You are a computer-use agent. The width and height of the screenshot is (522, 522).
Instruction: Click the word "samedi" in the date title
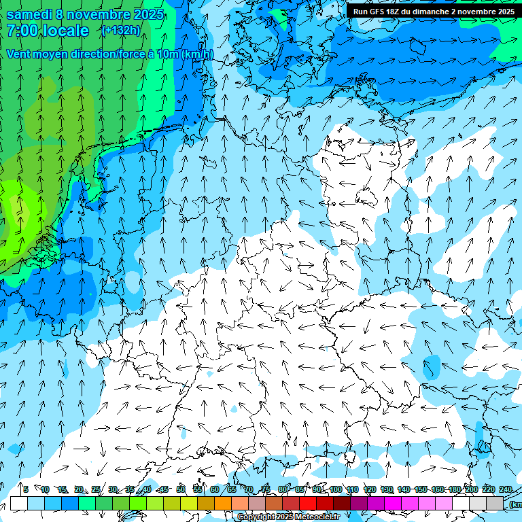pos(29,14)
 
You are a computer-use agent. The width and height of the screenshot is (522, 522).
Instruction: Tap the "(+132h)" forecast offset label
pos(121,30)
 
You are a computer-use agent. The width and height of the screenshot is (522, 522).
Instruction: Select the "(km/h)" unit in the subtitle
pos(197,54)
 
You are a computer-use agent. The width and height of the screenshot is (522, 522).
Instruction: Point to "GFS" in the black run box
pos(381,12)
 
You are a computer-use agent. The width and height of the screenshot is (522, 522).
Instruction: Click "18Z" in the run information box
pos(402,12)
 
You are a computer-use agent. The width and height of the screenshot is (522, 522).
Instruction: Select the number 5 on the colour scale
pos(25,490)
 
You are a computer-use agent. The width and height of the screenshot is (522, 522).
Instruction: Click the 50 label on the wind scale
pos(181,490)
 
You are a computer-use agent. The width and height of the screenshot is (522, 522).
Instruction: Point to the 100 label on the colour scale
pos(335,490)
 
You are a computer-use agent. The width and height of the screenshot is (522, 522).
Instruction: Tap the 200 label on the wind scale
pos(471,490)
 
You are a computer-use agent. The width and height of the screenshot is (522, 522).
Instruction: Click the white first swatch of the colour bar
pos(19,503)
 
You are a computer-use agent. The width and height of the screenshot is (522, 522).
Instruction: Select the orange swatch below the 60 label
pos(223,503)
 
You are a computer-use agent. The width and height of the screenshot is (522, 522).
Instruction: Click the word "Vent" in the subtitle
pos(20,54)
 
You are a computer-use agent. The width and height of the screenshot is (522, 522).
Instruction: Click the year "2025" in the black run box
pos(504,12)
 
